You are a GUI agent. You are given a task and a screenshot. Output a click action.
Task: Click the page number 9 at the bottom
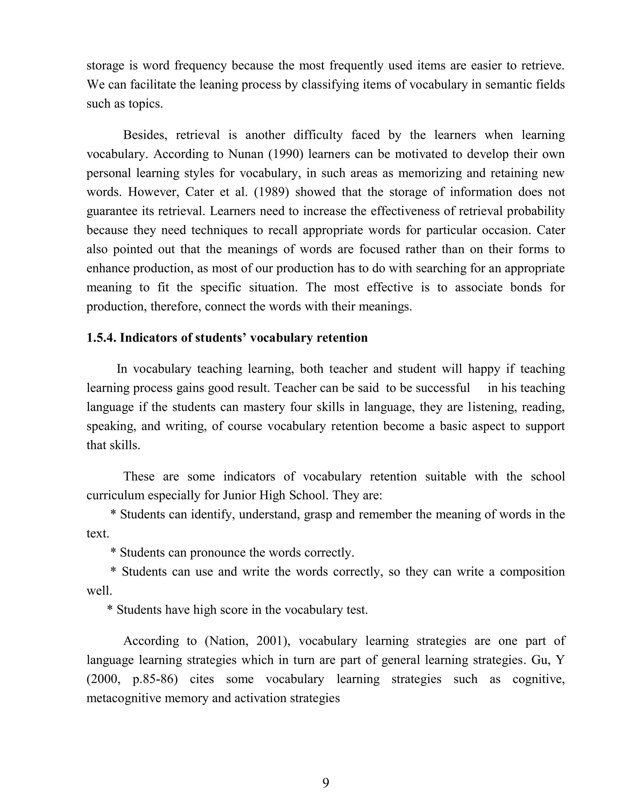coord(325,783)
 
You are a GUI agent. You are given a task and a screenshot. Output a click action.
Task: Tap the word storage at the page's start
coord(105,65)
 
